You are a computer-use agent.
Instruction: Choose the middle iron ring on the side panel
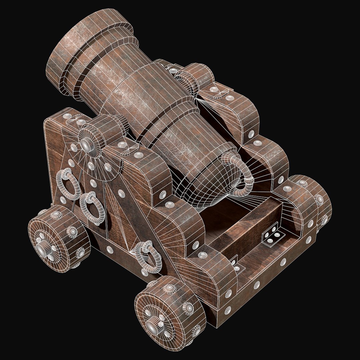tap(93, 208)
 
